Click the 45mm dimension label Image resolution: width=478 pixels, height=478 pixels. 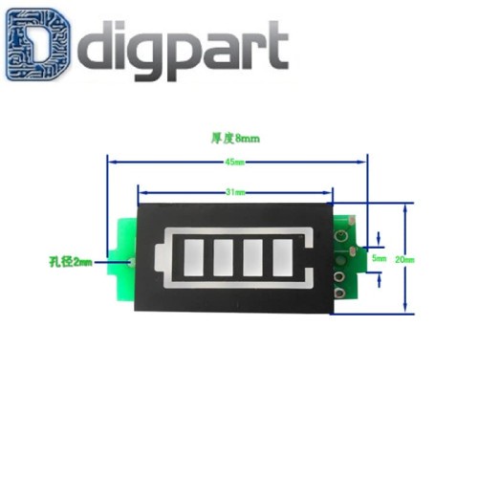(x=233, y=163)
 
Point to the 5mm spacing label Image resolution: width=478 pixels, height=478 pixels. (x=379, y=258)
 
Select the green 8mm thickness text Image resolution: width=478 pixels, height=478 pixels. (x=234, y=138)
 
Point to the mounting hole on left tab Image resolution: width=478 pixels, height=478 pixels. (x=133, y=261)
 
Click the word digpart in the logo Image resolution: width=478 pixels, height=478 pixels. (x=182, y=48)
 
